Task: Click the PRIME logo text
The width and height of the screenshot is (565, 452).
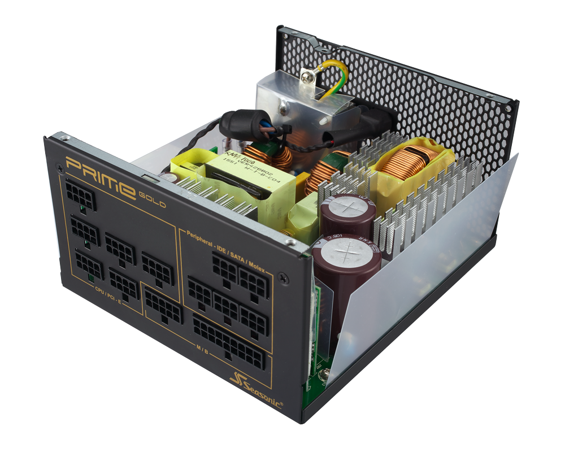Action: (x=99, y=175)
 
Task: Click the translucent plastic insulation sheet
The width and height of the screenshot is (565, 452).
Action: (x=429, y=282)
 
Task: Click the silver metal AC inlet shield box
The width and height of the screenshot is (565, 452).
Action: (x=288, y=102)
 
